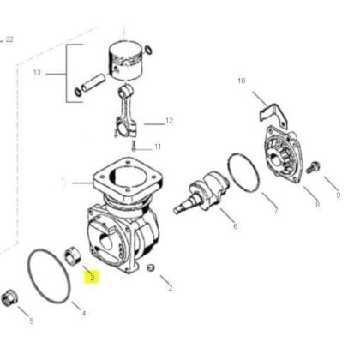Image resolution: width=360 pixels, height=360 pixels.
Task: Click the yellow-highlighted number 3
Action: [92, 277]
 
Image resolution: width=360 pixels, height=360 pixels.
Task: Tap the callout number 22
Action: [9, 39]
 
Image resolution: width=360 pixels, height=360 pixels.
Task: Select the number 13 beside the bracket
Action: [37, 73]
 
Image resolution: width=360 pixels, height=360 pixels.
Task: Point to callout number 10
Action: [242, 81]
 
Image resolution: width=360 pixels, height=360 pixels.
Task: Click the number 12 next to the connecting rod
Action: [170, 121]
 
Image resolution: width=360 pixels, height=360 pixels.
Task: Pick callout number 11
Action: [158, 147]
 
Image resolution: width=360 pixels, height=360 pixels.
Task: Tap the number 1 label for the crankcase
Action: [63, 181]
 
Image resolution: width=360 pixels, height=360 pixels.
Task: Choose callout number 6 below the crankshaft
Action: [236, 226]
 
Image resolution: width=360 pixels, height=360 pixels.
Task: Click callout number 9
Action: [339, 195]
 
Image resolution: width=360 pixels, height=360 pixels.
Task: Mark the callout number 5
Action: [32, 321]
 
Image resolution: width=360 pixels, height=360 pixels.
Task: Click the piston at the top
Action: [125, 60]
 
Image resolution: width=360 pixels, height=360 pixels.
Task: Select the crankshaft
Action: [201, 191]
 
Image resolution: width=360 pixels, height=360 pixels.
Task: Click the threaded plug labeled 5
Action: [9, 298]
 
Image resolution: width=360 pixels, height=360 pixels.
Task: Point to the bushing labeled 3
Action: [73, 256]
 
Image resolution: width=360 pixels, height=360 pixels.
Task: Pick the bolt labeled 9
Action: [313, 167]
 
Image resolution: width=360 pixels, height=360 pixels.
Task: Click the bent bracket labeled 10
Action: [273, 114]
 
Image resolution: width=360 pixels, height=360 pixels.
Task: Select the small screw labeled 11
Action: [134, 146]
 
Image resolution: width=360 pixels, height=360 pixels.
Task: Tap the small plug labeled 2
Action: [151, 268]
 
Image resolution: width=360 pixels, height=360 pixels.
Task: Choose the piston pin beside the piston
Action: [93, 82]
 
